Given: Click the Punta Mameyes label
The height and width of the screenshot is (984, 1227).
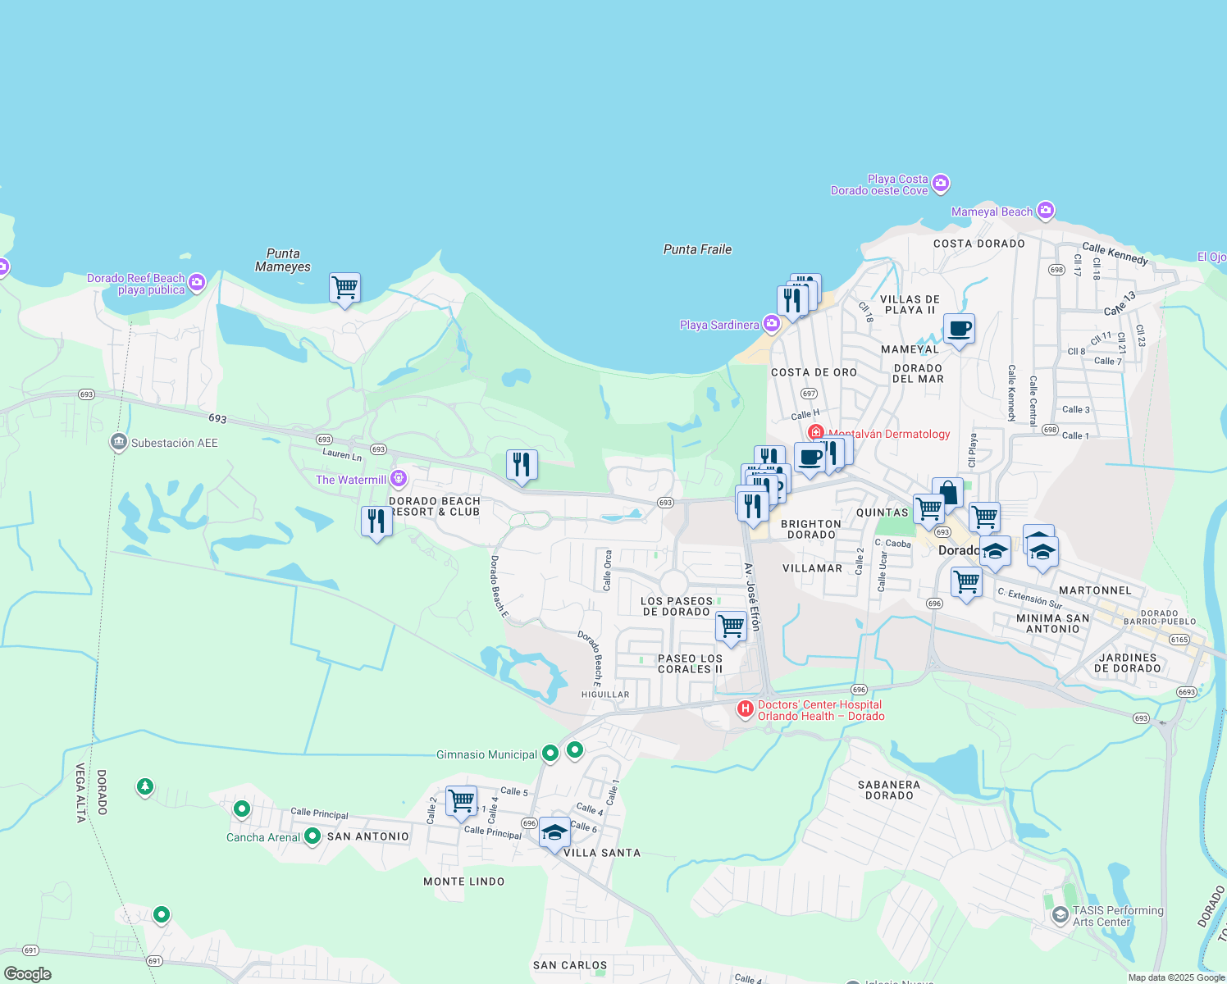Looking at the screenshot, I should click(283, 260).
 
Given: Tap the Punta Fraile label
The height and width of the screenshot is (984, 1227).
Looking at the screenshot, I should click(697, 249).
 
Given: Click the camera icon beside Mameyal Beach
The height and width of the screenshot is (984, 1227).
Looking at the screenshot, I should click(1045, 211).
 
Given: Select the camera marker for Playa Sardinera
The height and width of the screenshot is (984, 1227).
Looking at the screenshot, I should click(771, 324).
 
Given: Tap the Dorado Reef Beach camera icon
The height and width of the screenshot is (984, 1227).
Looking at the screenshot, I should click(197, 283).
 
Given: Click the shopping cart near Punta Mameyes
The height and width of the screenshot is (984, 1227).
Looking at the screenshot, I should click(345, 288).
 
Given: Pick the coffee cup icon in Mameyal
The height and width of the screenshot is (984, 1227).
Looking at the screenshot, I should click(959, 330).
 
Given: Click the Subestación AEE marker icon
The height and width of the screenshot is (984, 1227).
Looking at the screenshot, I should click(119, 443).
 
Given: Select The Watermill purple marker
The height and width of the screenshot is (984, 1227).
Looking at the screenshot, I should click(399, 478).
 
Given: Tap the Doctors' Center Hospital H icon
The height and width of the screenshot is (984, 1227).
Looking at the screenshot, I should click(745, 709).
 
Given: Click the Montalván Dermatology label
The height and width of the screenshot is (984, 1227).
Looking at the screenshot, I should click(889, 434).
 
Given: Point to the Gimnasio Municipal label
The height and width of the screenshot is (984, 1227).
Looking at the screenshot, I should click(486, 754).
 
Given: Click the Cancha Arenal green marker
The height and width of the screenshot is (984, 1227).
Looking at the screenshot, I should click(312, 836).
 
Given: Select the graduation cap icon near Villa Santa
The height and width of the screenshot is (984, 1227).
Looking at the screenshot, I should click(554, 832).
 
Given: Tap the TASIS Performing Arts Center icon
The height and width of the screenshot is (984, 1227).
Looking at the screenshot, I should click(1060, 913).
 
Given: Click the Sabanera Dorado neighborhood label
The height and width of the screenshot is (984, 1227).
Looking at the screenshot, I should click(889, 790).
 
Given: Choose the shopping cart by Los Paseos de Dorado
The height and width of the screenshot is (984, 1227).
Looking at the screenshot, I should click(731, 626).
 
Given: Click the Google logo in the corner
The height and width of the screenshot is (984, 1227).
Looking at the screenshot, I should click(28, 973).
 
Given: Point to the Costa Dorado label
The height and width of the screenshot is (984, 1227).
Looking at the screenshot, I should click(979, 244).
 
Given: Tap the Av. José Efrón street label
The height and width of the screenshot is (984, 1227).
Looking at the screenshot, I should click(753, 596).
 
